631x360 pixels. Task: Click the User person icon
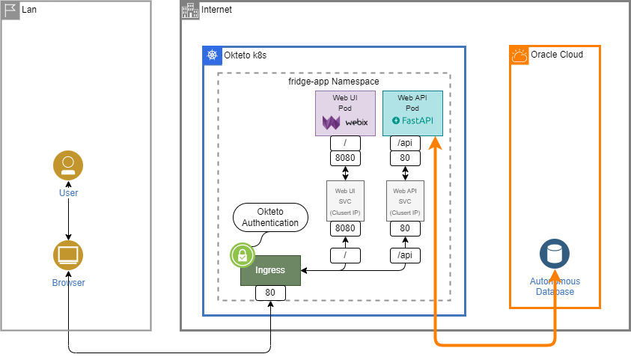pyautogui.click(x=68, y=165)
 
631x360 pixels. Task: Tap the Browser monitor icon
pyautogui.click(x=68, y=255)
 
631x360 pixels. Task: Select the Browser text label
pyautogui.click(x=68, y=283)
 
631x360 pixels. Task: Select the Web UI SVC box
pyautogui.click(x=345, y=201)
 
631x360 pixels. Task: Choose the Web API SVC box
pyautogui.click(x=405, y=201)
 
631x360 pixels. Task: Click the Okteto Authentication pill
pyautogui.click(x=270, y=217)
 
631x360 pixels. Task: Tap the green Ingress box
pyautogui.click(x=270, y=270)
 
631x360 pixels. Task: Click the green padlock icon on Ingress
pyautogui.click(x=242, y=256)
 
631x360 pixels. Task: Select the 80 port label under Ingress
pyautogui.click(x=270, y=293)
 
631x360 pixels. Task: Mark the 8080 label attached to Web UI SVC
pyautogui.click(x=345, y=228)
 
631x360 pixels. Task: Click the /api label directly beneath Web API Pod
pyautogui.click(x=405, y=143)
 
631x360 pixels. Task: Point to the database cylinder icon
pyautogui.click(x=555, y=254)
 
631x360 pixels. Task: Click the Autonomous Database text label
pyautogui.click(x=555, y=286)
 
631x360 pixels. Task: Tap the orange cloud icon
pyautogui.click(x=520, y=55)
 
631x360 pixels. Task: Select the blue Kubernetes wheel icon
pyautogui.click(x=213, y=55)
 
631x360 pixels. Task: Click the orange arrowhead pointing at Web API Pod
pyautogui.click(x=435, y=143)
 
